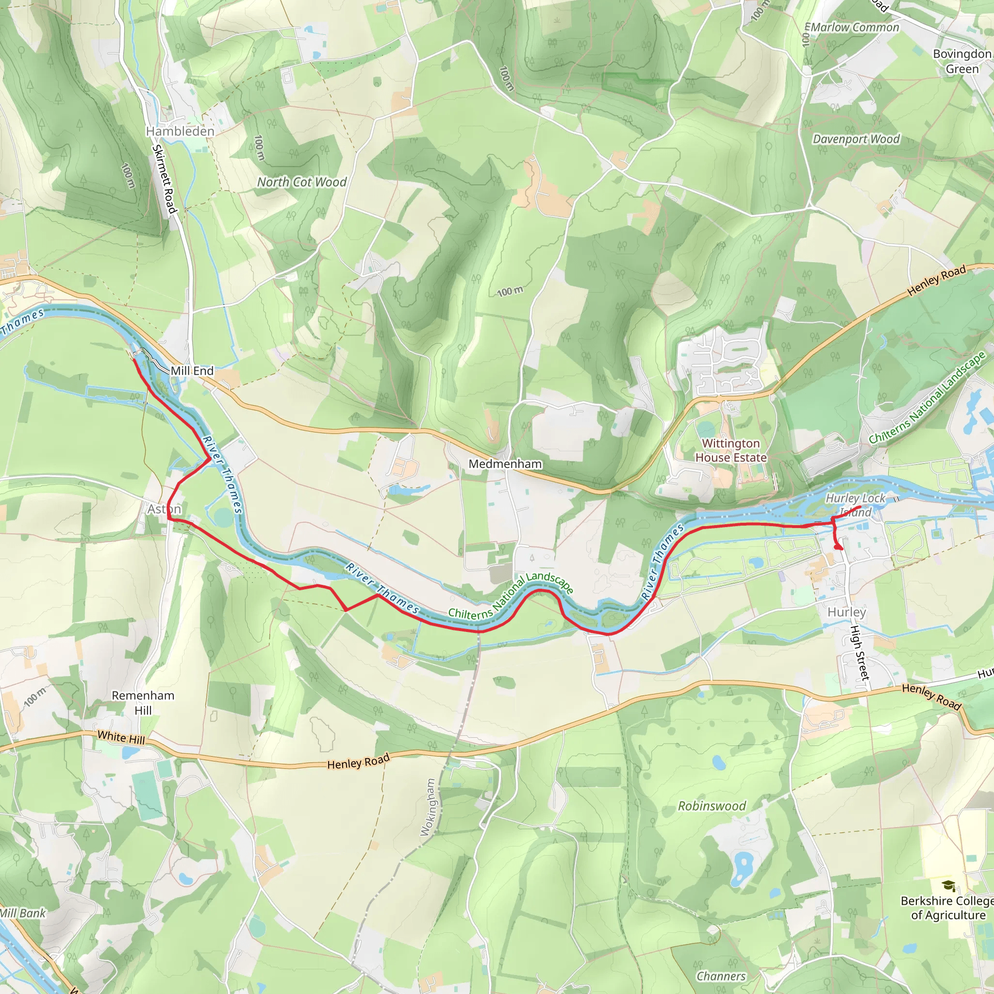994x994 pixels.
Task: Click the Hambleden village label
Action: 180,131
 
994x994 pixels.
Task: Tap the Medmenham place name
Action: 505,464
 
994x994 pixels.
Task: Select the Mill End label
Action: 192,370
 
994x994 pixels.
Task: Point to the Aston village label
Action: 164,509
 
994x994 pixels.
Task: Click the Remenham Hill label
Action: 143,702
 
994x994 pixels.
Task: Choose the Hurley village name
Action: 846,612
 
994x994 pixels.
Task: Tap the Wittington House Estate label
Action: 730,450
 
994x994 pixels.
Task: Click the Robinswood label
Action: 712,806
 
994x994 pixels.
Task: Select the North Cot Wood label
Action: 301,182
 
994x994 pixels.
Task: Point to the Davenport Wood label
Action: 856,139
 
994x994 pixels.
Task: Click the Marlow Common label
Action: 854,28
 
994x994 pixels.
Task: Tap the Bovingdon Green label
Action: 961,61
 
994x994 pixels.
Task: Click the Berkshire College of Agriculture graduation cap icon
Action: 949,885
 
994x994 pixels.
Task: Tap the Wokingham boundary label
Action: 428,808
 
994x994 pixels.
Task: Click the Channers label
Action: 721,976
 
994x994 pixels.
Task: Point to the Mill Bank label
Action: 23,913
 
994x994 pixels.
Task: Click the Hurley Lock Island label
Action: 855,505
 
